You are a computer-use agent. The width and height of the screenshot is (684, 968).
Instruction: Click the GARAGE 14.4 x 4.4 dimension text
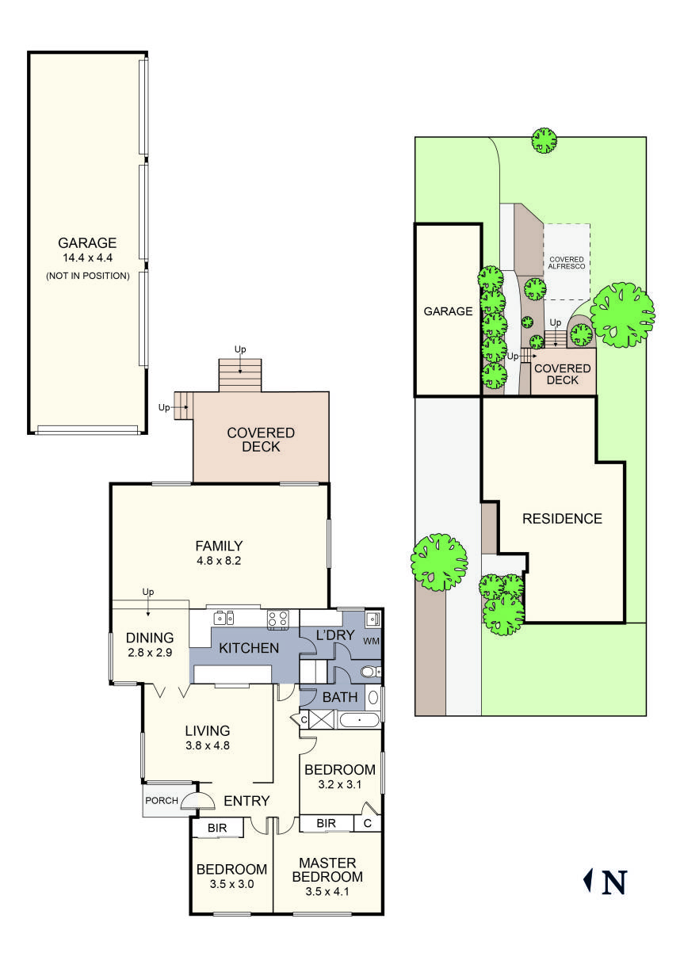(87, 258)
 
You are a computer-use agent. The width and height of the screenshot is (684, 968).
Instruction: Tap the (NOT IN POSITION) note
(87, 276)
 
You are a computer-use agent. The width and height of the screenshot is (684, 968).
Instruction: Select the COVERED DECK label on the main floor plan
(261, 440)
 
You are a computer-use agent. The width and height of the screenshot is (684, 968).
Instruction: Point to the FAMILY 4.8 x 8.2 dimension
(219, 560)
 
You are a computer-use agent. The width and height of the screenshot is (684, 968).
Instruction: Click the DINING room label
(149, 638)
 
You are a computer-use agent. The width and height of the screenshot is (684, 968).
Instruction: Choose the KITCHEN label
(249, 649)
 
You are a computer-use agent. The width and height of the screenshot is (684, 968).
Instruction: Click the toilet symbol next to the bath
(368, 673)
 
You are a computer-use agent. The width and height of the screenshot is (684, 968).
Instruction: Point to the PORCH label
(162, 801)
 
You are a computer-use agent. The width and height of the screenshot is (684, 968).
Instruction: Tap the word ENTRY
(246, 801)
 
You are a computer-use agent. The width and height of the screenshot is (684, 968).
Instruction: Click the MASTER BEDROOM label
(327, 870)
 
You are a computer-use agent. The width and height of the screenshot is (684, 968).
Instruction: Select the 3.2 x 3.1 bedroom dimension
(339, 784)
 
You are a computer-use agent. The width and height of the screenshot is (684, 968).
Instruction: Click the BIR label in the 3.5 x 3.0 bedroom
(218, 828)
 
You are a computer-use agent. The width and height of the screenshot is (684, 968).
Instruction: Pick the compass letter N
(614, 882)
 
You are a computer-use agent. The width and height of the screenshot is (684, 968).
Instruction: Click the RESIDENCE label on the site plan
(562, 519)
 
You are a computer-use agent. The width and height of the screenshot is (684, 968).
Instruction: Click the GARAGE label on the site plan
(448, 311)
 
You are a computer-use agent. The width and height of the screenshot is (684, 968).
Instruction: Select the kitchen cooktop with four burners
(277, 618)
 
